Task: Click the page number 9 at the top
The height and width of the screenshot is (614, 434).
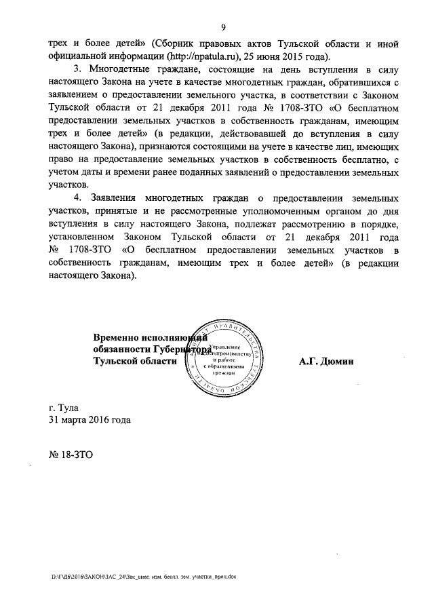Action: pyautogui.click(x=222, y=27)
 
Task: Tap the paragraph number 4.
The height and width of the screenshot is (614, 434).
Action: pyautogui.click(x=78, y=197)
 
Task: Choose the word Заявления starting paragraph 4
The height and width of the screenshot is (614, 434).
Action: pyautogui.click(x=116, y=197)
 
